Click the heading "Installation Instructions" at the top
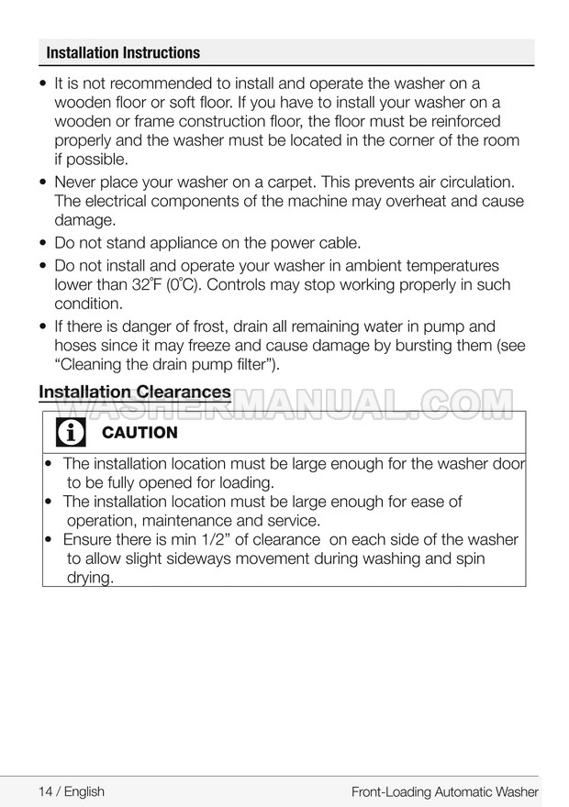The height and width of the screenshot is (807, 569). point(123,53)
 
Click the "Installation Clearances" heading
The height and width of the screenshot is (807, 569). point(134,392)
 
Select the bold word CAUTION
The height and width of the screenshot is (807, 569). point(140,433)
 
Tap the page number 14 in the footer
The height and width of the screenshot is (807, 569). point(47,791)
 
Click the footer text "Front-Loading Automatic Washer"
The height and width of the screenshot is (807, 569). point(444,791)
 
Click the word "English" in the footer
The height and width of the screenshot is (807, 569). point(84,791)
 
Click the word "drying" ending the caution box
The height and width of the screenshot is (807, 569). point(90,578)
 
